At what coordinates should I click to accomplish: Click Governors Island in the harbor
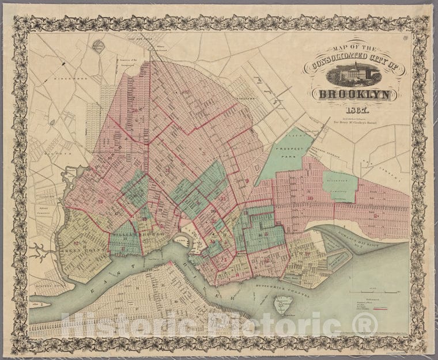pyautogui.click(x=283, y=305)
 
